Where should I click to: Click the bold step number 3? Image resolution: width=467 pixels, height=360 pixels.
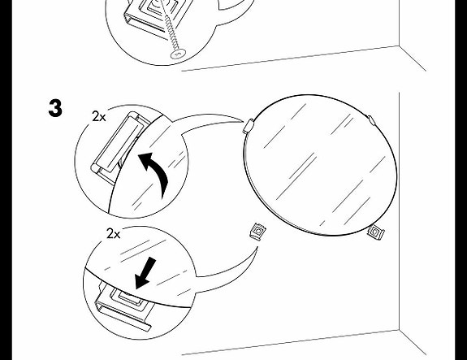(x=55, y=108)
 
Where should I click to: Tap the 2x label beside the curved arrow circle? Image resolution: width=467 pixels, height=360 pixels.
(x=99, y=116)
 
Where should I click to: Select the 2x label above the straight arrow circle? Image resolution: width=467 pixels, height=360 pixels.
(x=113, y=234)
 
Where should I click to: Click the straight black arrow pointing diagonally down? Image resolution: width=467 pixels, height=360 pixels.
(x=145, y=273)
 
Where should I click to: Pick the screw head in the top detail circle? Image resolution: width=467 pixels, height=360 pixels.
(x=179, y=54)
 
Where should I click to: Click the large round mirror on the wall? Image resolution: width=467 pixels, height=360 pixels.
(x=320, y=165)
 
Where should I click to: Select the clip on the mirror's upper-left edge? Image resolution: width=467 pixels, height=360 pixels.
(x=248, y=126)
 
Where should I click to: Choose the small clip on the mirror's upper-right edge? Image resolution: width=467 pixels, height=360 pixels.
(x=371, y=120)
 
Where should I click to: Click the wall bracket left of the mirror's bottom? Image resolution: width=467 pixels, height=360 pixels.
(x=258, y=232)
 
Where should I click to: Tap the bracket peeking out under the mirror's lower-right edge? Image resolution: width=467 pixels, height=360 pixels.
(x=376, y=232)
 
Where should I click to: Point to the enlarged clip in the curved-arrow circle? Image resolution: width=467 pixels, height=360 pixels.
(x=119, y=145)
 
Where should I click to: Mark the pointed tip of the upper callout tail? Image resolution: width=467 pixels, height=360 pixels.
(x=244, y=121)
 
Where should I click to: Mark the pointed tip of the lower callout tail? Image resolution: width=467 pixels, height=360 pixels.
(x=257, y=247)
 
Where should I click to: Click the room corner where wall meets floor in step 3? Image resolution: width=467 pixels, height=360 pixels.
(x=399, y=330)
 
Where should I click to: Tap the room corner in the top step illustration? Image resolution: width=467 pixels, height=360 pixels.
(x=399, y=46)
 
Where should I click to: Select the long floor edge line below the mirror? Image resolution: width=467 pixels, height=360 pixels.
(x=291, y=342)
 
